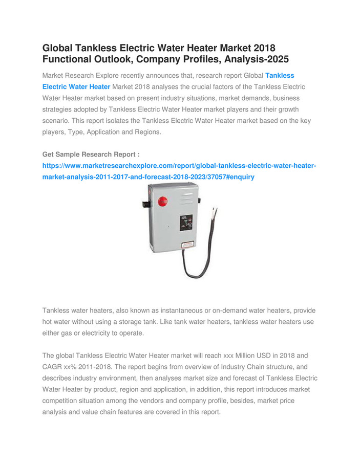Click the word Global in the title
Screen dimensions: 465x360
(58, 48)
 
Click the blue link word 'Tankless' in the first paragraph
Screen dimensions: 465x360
(280, 75)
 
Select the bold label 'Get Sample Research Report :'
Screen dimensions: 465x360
(91, 154)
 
